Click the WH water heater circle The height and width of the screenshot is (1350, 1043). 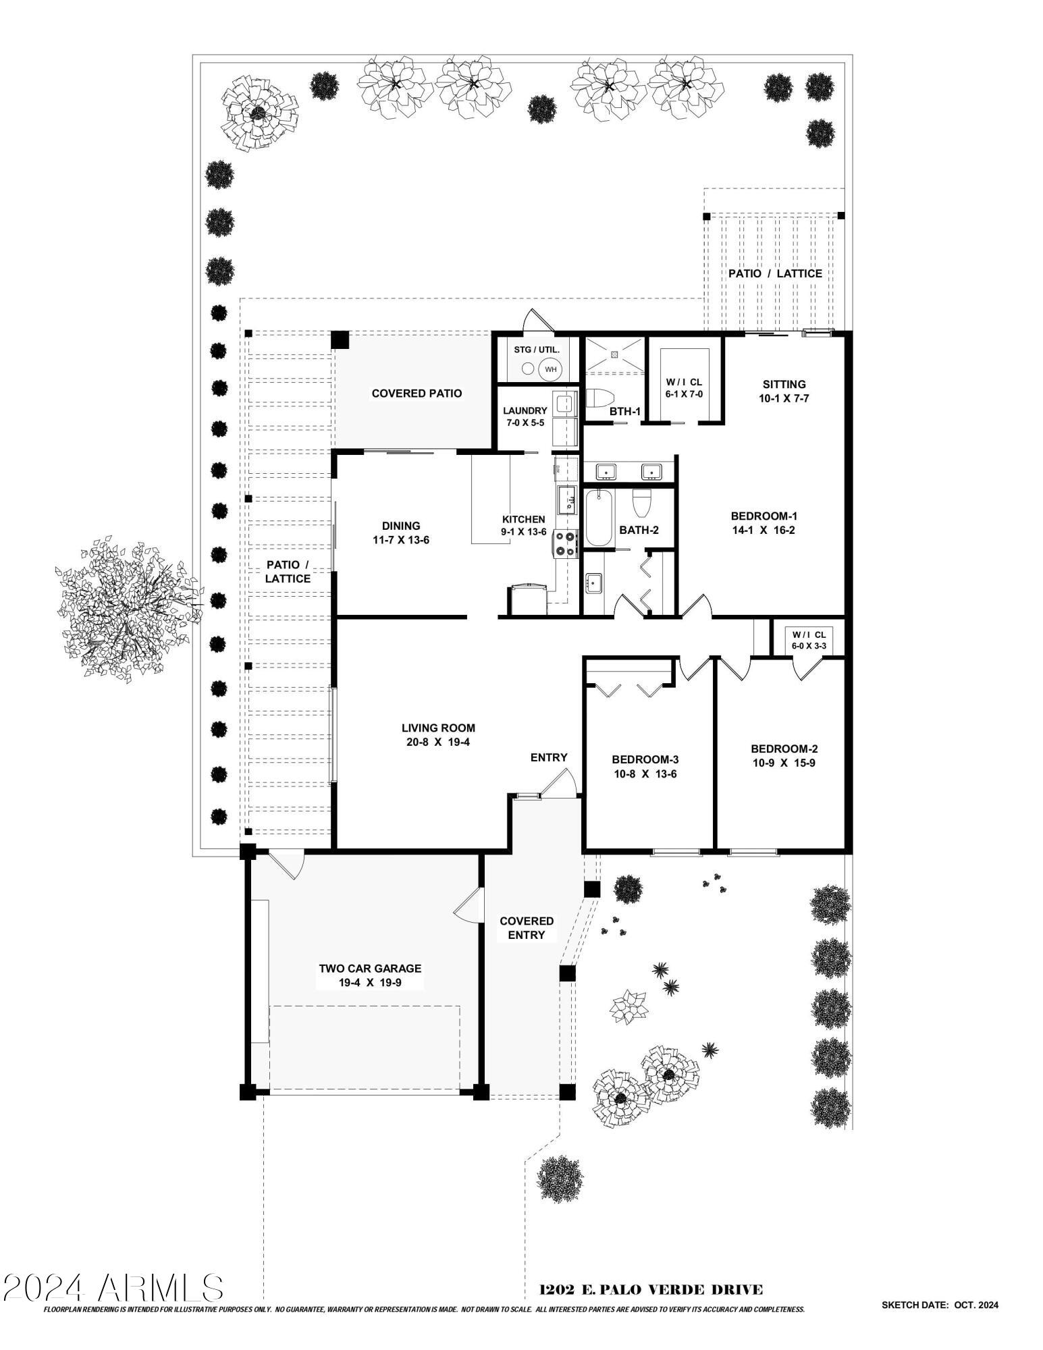(x=550, y=369)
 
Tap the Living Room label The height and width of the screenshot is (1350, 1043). (x=438, y=728)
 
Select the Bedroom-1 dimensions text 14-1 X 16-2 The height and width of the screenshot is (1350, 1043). (x=764, y=530)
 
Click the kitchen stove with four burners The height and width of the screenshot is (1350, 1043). (x=566, y=544)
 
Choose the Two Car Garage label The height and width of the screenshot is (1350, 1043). (x=370, y=968)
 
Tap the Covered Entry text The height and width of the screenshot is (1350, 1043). (x=527, y=927)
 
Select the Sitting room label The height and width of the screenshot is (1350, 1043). (x=784, y=384)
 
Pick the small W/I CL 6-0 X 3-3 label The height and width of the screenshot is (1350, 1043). (x=808, y=640)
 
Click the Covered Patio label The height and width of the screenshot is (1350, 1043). (x=417, y=393)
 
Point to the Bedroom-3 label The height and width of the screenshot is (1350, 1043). (x=644, y=759)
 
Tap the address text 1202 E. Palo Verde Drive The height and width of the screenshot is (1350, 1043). (x=651, y=1289)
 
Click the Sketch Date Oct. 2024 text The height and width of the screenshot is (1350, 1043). (x=939, y=1305)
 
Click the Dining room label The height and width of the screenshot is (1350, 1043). (x=401, y=525)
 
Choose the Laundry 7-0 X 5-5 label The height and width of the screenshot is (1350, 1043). (x=525, y=410)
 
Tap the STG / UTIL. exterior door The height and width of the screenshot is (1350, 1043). (x=540, y=321)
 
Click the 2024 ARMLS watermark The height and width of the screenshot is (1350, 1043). (x=113, y=1287)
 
